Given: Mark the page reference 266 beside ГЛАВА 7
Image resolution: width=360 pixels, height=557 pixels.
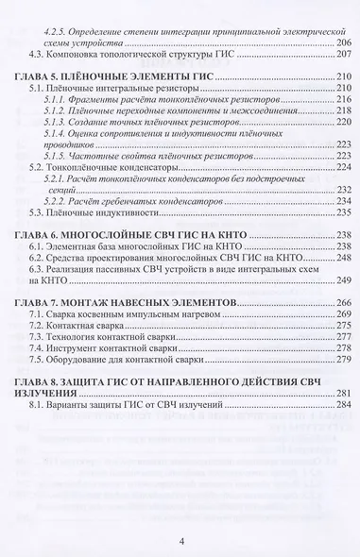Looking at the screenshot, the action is [342, 301].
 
